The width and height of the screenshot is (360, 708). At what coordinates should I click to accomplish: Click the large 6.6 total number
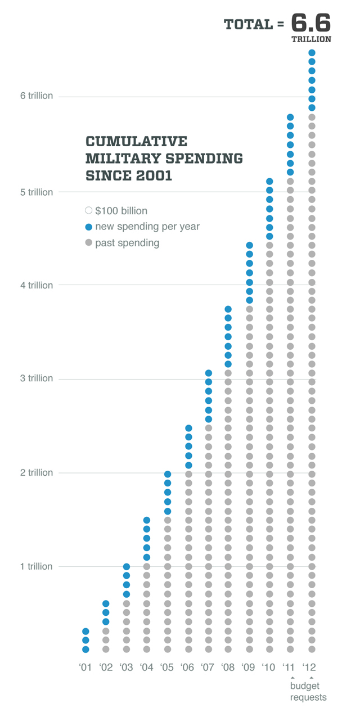(311, 23)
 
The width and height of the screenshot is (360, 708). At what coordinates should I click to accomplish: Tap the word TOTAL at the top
(248, 25)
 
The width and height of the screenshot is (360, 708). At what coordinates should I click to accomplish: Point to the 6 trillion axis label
(37, 96)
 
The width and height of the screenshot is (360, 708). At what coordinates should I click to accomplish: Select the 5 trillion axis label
(37, 192)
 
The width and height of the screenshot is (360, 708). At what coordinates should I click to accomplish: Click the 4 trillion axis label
(37, 285)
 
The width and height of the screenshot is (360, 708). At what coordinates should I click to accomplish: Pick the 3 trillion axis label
(37, 378)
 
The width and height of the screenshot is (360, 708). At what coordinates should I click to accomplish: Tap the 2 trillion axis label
(37, 473)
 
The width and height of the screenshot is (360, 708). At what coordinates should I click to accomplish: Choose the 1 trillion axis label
(37, 566)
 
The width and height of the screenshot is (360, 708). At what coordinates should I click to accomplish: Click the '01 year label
(85, 668)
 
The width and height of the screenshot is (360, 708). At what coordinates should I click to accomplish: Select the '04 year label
(146, 668)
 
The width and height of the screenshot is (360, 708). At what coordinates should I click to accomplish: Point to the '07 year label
(208, 668)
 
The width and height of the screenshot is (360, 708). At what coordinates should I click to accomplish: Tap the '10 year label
(269, 668)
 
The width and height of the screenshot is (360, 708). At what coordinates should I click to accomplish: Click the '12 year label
(309, 668)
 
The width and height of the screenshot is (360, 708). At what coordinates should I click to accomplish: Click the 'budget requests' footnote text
(308, 692)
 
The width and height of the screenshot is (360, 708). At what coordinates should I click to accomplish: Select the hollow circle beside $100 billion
(88, 211)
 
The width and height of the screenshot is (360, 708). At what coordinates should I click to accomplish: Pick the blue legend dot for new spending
(88, 227)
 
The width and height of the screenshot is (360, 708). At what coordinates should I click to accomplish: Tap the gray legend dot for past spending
(88, 243)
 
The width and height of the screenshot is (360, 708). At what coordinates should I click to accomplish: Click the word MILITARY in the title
(121, 159)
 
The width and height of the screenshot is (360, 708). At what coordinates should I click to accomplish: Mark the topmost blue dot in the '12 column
(312, 53)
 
